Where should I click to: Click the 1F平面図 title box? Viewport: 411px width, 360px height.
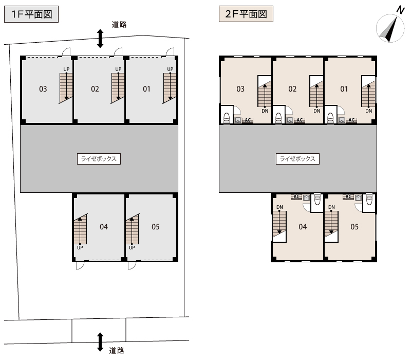[31, 14]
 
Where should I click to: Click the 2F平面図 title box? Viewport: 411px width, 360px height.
[246, 14]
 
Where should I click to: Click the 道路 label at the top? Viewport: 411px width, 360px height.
[119, 24]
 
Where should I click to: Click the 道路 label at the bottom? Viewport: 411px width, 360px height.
[117, 351]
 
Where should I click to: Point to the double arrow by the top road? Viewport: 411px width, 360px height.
[100, 39]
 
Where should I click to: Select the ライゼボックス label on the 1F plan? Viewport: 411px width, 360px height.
[99, 159]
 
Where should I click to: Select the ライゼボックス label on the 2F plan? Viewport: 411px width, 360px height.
[297, 159]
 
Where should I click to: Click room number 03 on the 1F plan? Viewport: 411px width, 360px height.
[43, 89]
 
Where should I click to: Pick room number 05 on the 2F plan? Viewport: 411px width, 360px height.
[354, 227]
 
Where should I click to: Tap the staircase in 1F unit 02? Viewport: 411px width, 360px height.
[118, 88]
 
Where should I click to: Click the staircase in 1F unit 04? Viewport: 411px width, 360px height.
[80, 229]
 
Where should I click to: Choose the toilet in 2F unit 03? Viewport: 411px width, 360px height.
[227, 118]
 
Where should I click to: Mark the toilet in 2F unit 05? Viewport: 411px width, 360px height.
[369, 200]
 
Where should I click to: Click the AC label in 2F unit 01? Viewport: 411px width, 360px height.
[351, 120]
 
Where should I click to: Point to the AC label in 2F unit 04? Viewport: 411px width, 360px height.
[296, 196]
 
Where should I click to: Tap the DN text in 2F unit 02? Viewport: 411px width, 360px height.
[316, 111]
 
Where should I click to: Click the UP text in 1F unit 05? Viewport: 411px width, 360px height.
[132, 247]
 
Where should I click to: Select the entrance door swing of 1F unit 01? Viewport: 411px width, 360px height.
[170, 52]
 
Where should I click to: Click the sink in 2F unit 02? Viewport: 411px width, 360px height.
[290, 120]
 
